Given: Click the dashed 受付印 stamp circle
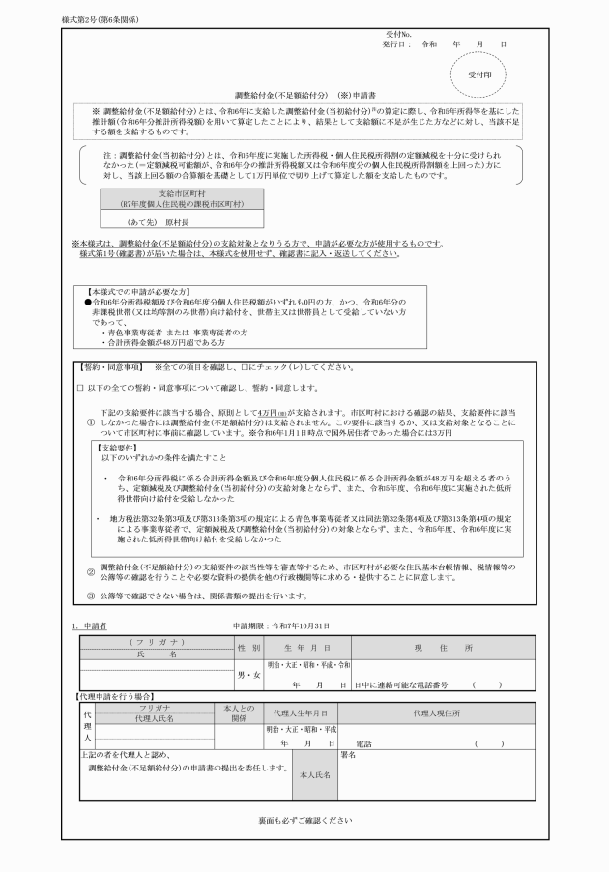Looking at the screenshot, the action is pyautogui.click(x=479, y=73).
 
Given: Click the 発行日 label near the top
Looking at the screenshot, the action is pyautogui.click(x=397, y=44).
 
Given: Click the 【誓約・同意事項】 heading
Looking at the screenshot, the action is pyautogui.click(x=110, y=367).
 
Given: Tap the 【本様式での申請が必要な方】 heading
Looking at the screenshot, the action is pyautogui.click(x=137, y=290).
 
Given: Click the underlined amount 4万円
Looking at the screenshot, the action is pyautogui.click(x=273, y=412).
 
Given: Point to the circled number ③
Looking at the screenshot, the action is pyautogui.click(x=91, y=597).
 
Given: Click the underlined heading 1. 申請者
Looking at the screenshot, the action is pyautogui.click(x=89, y=626).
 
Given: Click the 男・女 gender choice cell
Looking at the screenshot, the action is pyautogui.click(x=248, y=673).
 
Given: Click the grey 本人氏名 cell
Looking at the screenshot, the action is pyautogui.click(x=315, y=774).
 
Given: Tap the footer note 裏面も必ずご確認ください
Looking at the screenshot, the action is pyautogui.click(x=304, y=820).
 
